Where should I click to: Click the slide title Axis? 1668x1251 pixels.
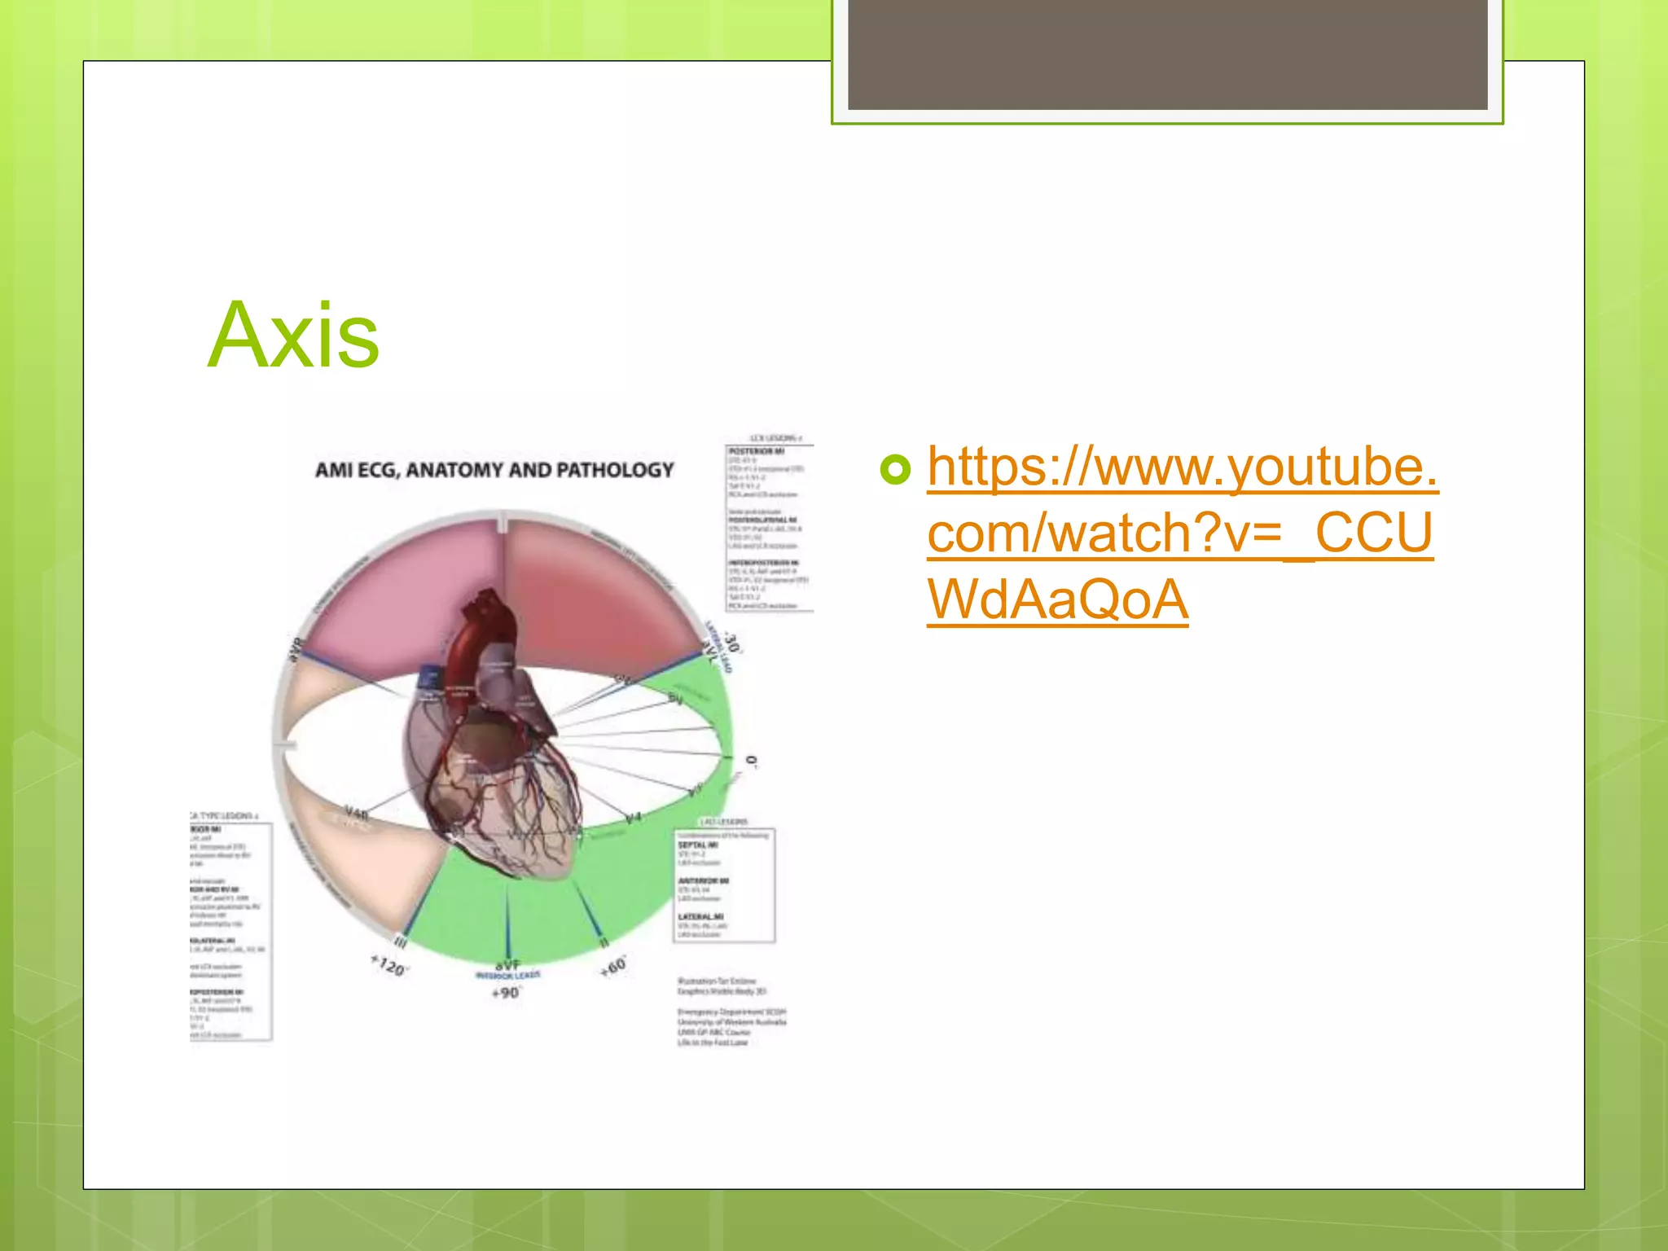click(293, 335)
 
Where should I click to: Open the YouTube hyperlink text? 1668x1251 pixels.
click(1181, 533)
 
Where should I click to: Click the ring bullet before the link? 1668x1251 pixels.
click(895, 470)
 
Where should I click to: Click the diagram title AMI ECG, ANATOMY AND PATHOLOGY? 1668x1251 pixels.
click(494, 470)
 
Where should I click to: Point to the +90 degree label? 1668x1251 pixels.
click(506, 993)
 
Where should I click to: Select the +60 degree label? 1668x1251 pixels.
click(613, 967)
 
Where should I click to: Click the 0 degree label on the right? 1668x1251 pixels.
click(751, 762)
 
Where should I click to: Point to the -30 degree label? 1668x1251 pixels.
click(732, 643)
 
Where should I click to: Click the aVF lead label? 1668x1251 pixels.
click(507, 964)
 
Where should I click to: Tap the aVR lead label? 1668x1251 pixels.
click(296, 648)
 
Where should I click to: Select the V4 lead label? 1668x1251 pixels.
click(633, 818)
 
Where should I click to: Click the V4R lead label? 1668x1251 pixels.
click(356, 813)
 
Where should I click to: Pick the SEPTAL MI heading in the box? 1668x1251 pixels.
click(698, 845)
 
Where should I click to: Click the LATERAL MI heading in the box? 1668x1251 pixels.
click(700, 916)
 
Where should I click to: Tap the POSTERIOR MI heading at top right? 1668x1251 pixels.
click(756, 450)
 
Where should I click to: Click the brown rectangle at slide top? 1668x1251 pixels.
click(1167, 54)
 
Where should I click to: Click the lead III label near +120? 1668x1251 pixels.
click(401, 942)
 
